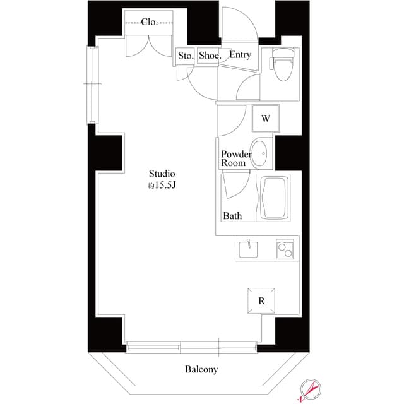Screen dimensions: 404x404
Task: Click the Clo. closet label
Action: point(149,22)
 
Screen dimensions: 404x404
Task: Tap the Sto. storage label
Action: point(185,56)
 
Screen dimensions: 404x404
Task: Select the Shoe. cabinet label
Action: point(210,56)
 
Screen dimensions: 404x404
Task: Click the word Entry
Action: point(240,55)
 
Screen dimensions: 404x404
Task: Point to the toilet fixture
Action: point(279,67)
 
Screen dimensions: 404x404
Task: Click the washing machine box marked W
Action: point(266,117)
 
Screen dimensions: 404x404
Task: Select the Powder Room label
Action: point(236,158)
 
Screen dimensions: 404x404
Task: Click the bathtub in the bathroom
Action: point(274,198)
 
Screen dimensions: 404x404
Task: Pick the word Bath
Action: point(232,216)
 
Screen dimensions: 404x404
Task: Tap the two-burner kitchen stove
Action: point(285,249)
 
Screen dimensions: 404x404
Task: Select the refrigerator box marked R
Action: point(261,300)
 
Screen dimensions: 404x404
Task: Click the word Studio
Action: point(162,174)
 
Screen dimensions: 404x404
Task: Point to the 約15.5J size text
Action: point(162,186)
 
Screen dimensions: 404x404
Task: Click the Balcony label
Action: point(201,369)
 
